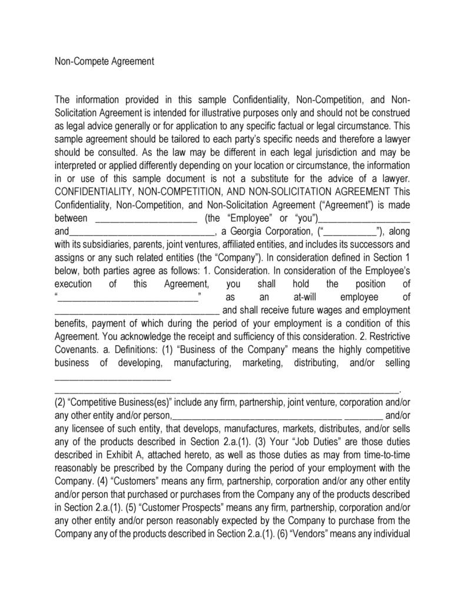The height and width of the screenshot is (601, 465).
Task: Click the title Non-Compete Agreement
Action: [104, 61]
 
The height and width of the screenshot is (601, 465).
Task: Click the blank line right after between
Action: [145, 218]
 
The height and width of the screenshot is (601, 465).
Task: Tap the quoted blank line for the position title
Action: [128, 297]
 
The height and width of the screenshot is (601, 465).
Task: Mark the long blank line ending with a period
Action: [226, 389]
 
